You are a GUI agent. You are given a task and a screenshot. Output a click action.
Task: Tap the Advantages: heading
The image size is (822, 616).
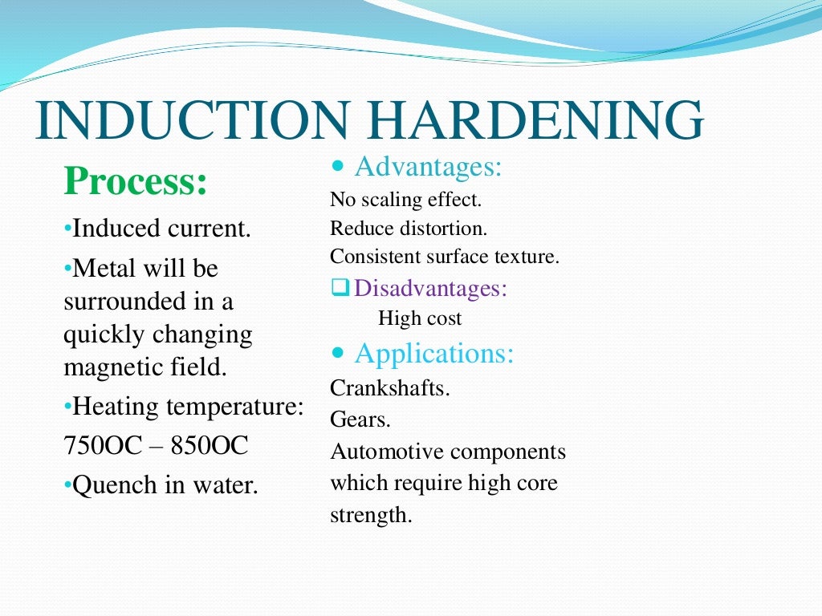pos(428,167)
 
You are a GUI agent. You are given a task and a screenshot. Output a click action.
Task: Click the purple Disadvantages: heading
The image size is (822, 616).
pos(430,288)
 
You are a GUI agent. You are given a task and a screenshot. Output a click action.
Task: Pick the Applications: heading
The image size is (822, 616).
pos(434,353)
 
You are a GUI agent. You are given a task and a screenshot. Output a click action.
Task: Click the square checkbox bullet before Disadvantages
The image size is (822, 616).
pos(339,288)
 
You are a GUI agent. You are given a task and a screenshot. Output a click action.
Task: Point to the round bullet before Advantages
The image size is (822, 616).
pos(338,167)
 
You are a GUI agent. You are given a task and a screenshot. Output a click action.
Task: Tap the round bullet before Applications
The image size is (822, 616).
pos(338,353)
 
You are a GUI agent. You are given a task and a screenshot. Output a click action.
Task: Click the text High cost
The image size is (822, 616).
pos(420,318)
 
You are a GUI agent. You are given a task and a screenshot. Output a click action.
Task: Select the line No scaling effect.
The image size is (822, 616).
pos(405,200)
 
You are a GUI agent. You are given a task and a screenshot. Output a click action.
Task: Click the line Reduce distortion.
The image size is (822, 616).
pos(408,229)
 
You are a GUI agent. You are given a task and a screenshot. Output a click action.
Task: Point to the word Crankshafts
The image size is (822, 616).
pos(390,388)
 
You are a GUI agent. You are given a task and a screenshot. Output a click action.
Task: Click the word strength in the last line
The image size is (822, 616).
pos(370,515)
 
